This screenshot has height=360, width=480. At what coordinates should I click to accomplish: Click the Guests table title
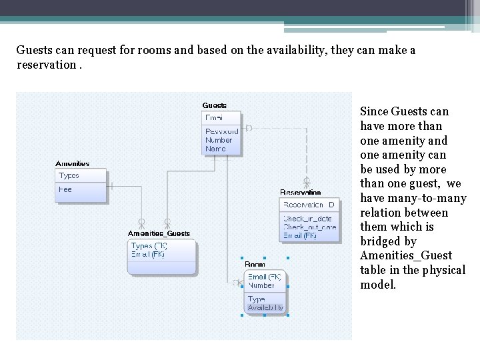point(215,105)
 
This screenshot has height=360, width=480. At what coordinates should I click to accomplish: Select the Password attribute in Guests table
point(221,132)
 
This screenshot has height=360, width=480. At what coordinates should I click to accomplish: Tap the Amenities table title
point(72,163)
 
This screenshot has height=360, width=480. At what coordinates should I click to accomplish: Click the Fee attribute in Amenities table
point(65,189)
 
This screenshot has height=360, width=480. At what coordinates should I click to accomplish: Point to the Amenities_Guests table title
point(159,233)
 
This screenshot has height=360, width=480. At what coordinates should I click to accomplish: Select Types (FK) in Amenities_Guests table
point(149,246)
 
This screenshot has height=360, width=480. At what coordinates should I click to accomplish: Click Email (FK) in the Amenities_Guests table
point(148,254)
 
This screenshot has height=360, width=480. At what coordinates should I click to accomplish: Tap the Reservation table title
point(300,193)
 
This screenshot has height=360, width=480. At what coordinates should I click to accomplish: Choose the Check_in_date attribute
point(307,219)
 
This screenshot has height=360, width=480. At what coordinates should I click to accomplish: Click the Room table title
point(255,265)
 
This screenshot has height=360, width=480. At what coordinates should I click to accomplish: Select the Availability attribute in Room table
point(265,307)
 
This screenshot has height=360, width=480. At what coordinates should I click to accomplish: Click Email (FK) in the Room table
point(265,277)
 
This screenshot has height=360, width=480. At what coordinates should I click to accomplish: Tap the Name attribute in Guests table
point(215,149)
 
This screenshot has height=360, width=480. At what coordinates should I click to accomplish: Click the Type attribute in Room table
point(256,299)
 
